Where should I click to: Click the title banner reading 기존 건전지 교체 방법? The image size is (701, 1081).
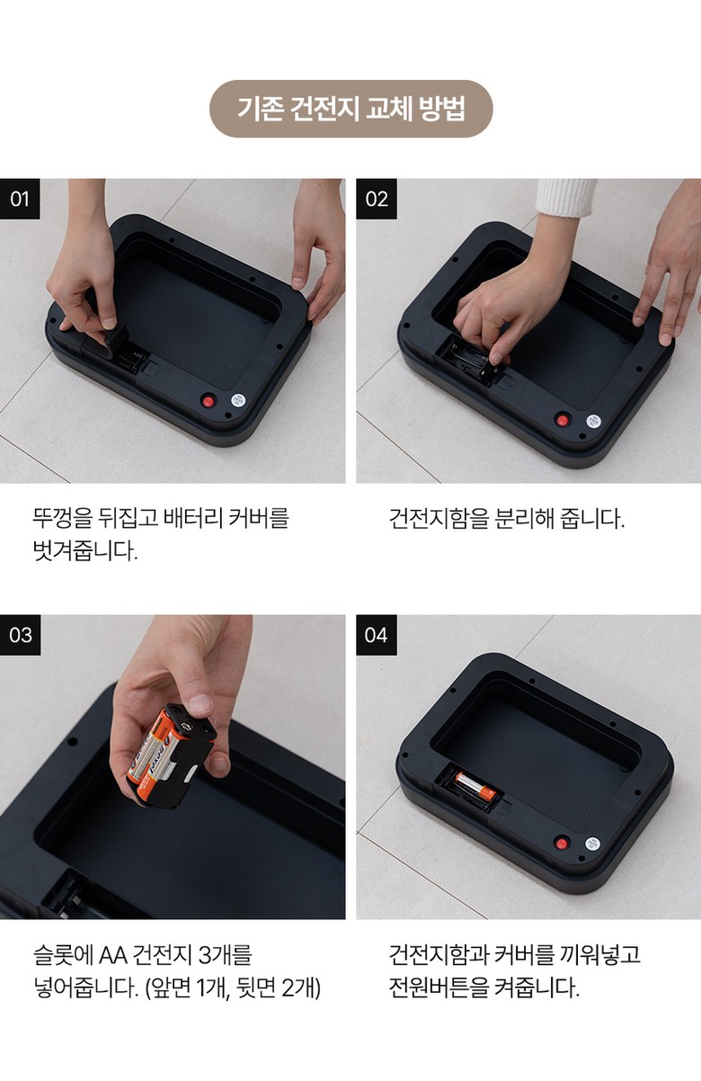[351, 109]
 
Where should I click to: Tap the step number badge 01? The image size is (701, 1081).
[20, 199]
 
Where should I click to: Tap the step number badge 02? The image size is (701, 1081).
[377, 199]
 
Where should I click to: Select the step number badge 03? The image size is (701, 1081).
[20, 635]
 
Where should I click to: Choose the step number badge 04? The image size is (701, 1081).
[377, 635]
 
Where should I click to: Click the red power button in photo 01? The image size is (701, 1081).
[208, 400]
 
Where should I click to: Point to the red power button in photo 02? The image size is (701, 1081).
[563, 419]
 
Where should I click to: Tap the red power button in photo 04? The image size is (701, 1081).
[562, 843]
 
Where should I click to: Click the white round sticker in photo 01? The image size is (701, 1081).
[238, 400]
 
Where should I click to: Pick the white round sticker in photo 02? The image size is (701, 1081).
[593, 420]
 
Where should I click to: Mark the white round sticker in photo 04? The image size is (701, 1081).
[592, 843]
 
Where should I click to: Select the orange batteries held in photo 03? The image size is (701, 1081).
[148, 748]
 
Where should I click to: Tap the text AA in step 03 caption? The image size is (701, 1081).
[113, 955]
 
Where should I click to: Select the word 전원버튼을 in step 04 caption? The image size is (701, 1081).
[439, 987]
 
